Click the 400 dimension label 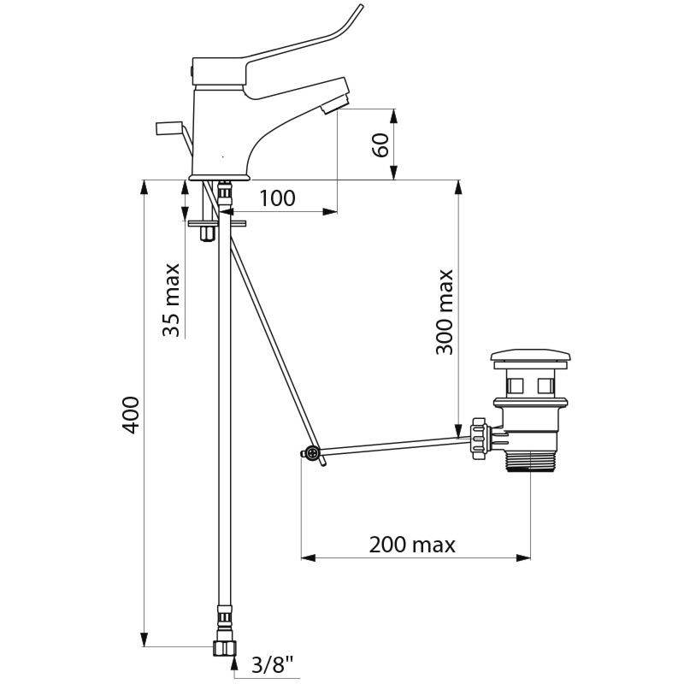(131, 415)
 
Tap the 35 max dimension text (171, 299)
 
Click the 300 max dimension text (444, 312)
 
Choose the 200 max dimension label (412, 545)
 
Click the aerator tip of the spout (335, 103)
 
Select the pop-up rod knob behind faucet (169, 127)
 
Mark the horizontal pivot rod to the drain (393, 445)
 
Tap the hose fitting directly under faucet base (224, 196)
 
